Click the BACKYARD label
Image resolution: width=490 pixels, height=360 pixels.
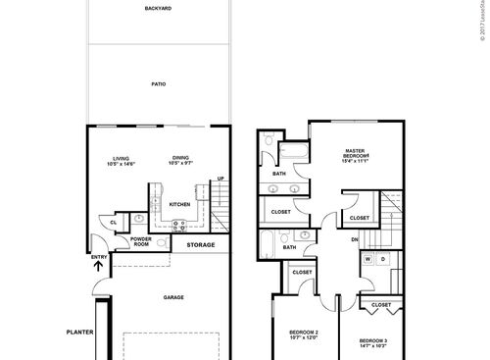159,9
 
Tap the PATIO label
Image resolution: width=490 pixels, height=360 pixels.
159,84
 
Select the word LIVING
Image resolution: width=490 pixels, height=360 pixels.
122,157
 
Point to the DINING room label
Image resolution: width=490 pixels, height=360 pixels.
180,157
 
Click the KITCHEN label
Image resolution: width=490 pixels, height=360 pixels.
179,204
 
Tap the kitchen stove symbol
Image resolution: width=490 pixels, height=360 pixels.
180,225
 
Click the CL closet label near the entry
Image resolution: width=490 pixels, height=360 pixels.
114,223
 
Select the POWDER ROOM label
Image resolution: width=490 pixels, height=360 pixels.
140,241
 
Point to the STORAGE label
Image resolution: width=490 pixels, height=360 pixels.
201,244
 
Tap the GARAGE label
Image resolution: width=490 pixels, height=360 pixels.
173,297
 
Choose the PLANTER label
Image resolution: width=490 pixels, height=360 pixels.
79,332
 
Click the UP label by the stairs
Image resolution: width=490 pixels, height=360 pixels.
220,178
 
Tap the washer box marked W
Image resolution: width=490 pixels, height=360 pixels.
369,259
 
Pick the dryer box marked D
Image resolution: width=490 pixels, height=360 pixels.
383,259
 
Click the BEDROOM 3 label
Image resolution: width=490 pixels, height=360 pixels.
373,342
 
